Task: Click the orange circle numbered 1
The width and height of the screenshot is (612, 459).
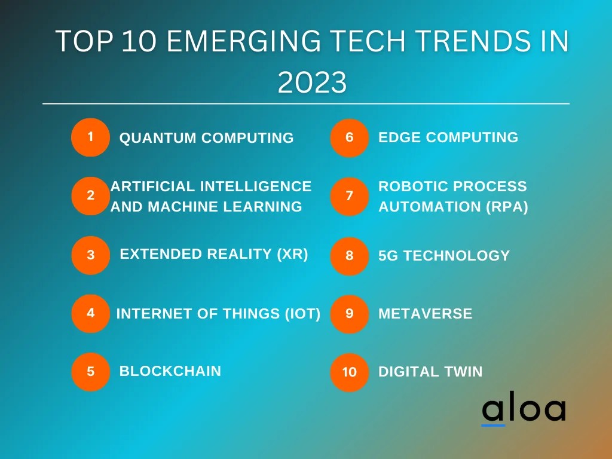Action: (90, 137)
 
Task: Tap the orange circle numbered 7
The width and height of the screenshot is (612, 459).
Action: (350, 196)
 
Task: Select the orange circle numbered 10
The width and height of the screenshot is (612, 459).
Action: (350, 372)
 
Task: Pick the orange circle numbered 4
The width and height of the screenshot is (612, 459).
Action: (90, 313)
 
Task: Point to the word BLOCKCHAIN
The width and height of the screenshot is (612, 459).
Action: (170, 371)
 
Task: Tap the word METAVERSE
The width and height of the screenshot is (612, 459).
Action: (426, 314)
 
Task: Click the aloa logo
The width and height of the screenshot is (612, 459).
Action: (524, 410)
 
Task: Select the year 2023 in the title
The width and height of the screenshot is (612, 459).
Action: (312, 83)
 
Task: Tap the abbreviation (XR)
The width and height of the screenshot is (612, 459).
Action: (292, 254)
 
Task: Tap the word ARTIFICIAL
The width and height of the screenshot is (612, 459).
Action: (152, 186)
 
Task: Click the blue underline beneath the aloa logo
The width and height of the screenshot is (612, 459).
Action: (494, 425)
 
